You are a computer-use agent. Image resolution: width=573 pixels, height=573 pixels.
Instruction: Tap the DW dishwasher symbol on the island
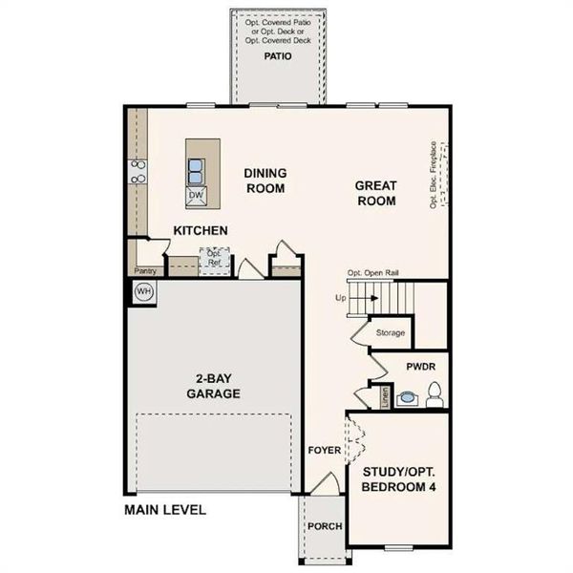(196, 196)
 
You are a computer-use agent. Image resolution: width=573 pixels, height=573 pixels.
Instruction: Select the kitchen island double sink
(196, 170)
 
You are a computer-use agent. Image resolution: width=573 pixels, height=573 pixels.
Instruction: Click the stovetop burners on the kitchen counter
(138, 171)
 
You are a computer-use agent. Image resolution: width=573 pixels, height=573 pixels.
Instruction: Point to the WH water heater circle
(143, 291)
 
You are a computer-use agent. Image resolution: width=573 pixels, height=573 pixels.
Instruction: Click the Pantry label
(144, 271)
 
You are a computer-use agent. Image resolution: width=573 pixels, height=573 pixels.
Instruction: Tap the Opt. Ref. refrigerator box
(214, 258)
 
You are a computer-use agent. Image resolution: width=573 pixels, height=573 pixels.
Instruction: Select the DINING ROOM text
(265, 180)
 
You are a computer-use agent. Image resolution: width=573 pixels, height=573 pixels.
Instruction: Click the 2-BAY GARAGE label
(212, 385)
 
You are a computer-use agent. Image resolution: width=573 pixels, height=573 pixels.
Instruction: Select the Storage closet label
(390, 332)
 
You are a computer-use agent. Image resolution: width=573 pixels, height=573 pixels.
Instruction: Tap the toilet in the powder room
(435, 392)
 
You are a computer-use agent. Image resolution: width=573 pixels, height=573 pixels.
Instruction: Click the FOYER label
(325, 450)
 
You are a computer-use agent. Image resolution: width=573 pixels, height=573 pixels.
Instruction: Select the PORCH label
(324, 526)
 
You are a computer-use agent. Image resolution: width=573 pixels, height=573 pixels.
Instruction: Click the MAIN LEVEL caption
(164, 510)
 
